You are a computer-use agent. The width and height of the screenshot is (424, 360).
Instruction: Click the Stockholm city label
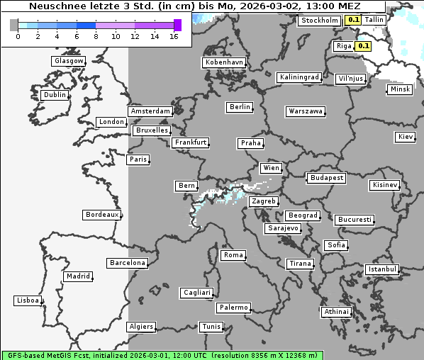320,21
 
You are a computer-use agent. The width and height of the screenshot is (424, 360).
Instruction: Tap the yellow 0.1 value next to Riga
364,46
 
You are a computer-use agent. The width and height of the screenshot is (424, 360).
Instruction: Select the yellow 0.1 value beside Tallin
353,21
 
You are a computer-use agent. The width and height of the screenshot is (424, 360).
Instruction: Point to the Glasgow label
68,61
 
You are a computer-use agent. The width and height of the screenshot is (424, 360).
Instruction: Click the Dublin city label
55,95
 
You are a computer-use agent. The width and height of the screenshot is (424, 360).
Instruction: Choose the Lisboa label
28,300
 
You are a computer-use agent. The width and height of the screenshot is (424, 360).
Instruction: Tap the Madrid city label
77,276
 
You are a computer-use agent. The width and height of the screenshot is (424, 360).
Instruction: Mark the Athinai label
336,312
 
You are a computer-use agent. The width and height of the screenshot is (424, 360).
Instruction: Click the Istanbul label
382,269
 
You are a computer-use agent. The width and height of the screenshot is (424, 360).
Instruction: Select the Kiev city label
406,137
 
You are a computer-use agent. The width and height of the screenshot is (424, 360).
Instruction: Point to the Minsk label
399,89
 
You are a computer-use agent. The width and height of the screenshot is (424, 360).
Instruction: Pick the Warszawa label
306,111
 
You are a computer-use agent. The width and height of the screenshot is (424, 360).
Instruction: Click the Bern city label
186,186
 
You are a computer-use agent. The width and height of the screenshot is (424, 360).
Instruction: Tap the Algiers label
140,327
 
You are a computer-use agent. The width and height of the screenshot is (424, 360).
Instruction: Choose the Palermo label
233,308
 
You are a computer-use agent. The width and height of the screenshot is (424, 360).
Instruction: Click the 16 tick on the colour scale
174,35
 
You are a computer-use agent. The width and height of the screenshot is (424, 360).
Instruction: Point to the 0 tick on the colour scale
18,35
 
